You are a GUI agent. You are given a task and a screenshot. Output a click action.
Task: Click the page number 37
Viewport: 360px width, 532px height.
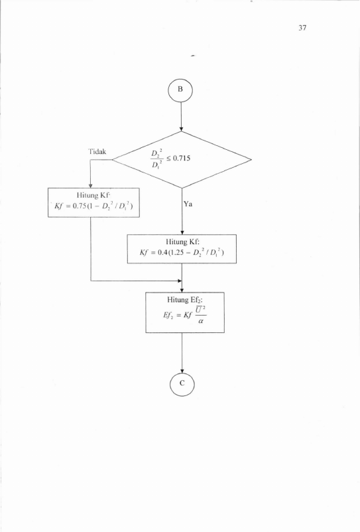[302, 28]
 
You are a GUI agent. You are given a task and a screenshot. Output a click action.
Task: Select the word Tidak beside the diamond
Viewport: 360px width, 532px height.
[97, 151]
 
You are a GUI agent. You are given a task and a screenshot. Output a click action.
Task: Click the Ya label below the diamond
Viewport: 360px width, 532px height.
[188, 204]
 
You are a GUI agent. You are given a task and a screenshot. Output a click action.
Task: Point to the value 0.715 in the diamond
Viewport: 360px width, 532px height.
[182, 158]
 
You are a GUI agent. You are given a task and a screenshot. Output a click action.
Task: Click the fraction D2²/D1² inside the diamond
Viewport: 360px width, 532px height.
[157, 159]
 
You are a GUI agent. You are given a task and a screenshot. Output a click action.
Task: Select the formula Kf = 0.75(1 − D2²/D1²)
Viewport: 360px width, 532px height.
[93, 206]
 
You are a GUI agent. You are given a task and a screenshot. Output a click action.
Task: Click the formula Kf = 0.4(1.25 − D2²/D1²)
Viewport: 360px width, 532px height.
[182, 252]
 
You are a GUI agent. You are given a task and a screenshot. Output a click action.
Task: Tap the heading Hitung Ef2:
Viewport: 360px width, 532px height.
[185, 300]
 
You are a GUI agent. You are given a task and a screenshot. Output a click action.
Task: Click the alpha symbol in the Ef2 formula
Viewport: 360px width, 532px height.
[200, 321]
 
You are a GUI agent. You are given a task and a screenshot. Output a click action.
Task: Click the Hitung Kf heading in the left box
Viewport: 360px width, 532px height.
[93, 195]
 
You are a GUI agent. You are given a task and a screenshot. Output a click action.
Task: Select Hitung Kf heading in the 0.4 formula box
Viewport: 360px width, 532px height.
[182, 241]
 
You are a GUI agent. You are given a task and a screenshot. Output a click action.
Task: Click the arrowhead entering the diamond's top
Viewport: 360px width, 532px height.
[181, 129]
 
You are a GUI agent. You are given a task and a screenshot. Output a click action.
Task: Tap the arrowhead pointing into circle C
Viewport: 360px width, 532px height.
[182, 369]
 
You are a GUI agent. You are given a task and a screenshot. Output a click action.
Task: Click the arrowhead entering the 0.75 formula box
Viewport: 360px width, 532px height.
[91, 186]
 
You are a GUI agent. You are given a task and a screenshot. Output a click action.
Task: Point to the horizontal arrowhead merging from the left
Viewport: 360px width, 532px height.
[180, 281]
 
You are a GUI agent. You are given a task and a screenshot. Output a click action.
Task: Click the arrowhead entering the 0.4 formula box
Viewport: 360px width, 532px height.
[182, 232]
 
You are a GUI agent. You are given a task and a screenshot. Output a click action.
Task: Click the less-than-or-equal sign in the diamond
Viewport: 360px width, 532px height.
[168, 159]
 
